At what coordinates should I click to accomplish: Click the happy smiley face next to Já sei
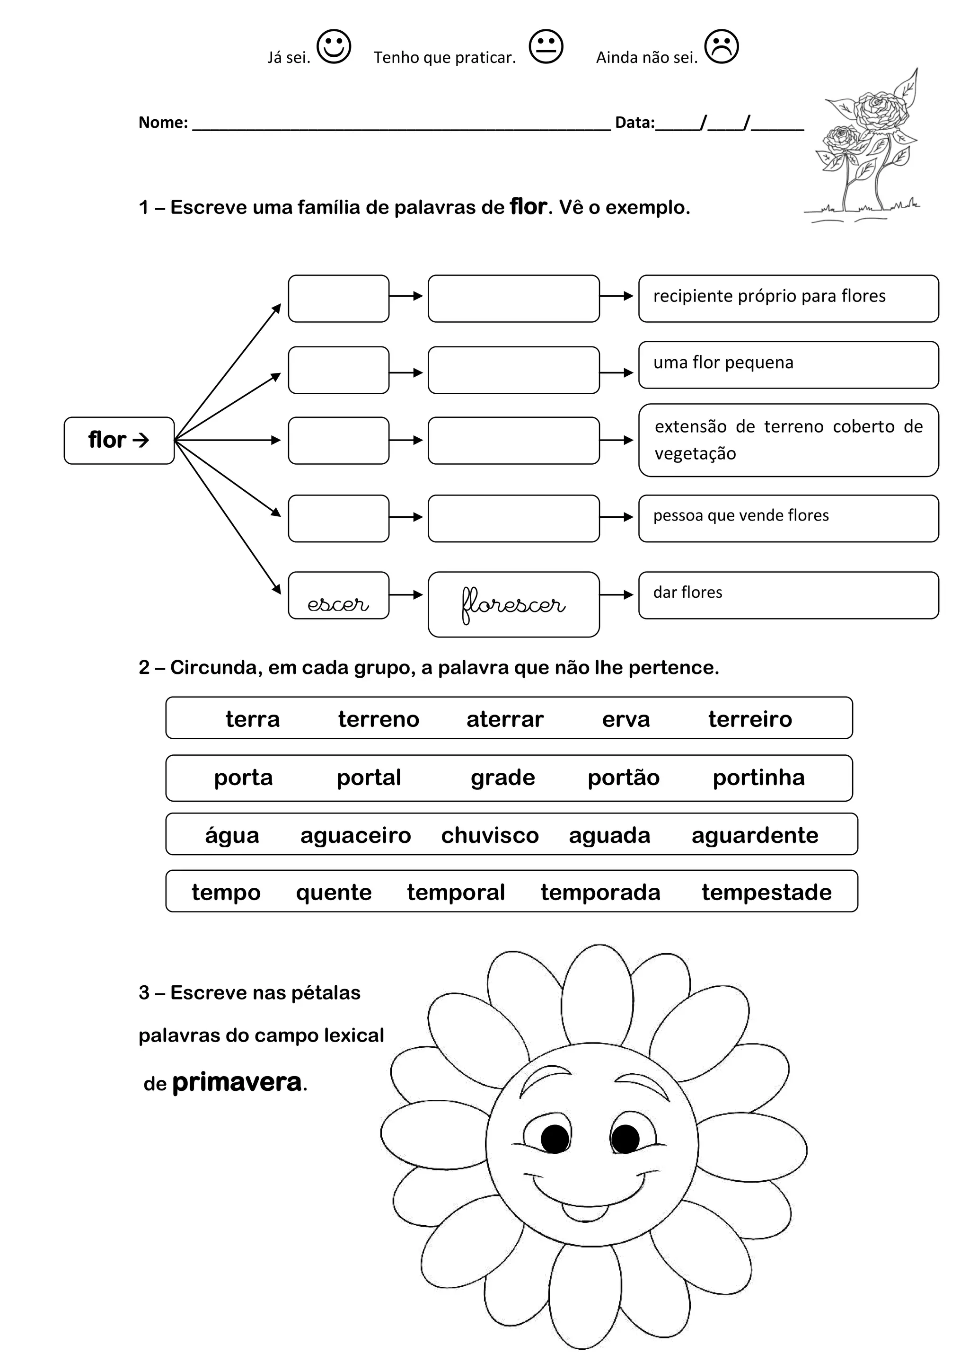333,46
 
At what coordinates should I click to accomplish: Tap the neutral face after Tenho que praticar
546,46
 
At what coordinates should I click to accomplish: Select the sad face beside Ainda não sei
721,46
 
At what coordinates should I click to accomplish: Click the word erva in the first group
625,719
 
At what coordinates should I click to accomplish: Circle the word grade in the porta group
502,778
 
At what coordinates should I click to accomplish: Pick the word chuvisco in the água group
490,835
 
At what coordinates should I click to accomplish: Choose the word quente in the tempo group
334,893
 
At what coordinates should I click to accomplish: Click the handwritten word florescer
513,605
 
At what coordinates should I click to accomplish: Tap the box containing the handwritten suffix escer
338,596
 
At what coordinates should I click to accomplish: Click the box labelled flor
119,440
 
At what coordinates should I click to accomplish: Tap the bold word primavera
237,1083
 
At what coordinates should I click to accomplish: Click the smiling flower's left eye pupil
554,1139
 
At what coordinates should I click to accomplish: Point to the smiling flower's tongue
585,1212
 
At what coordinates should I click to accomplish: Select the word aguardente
755,835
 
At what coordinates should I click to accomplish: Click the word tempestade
766,893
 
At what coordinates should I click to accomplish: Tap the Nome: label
163,123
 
